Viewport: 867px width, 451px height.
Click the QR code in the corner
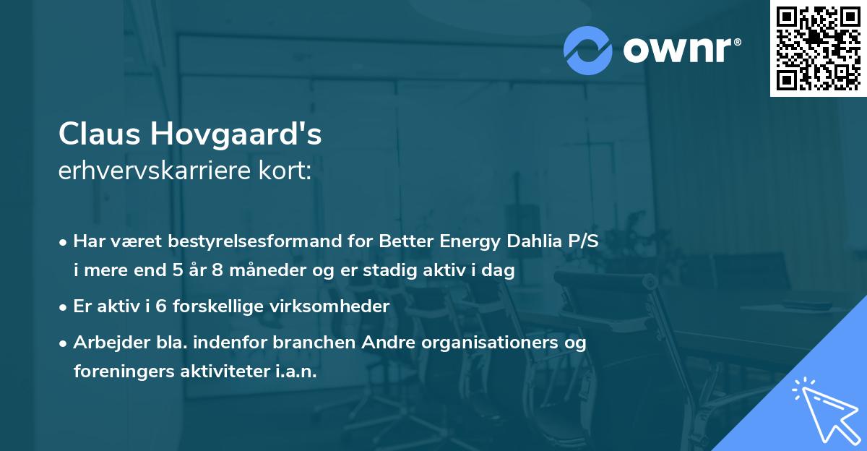(818, 48)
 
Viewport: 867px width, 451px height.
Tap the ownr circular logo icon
(588, 50)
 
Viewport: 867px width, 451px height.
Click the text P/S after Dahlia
(582, 241)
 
